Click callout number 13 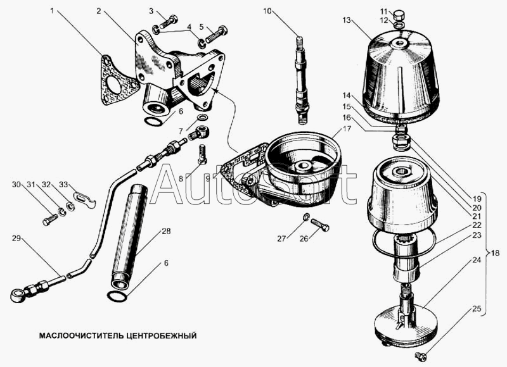(x=346, y=20)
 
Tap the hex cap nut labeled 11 (x=400, y=15)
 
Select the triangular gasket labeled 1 (x=119, y=80)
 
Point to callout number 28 (x=166, y=231)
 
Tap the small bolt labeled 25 (x=420, y=355)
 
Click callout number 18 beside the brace (x=495, y=252)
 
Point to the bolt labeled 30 (x=50, y=221)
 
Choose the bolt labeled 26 (x=320, y=225)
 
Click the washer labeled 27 (x=307, y=216)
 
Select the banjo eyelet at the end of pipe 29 (x=17, y=295)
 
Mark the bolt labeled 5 (x=216, y=35)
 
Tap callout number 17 (x=347, y=129)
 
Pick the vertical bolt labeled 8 (x=202, y=154)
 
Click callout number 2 (x=99, y=11)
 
